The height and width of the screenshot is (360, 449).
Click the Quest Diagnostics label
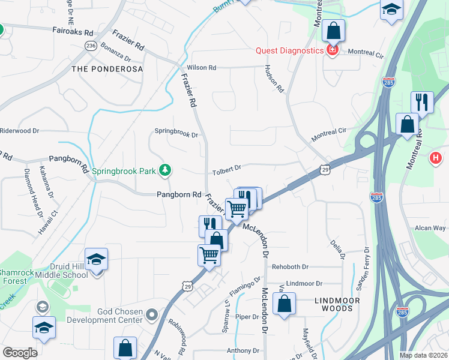pyautogui.click(x=289, y=50)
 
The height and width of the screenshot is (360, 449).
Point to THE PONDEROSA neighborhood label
pyautogui.click(x=107, y=69)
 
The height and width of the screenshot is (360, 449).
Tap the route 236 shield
pyautogui.click(x=91, y=46)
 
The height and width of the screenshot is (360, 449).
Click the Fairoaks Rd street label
pyautogui.click(x=73, y=32)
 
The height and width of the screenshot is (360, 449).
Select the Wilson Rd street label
pyautogui.click(x=201, y=68)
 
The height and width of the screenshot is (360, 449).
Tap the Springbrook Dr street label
pyautogui.click(x=176, y=133)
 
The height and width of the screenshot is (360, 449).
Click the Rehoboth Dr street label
pyautogui.click(x=290, y=266)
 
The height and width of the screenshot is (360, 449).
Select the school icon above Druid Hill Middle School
pyautogui.click(x=96, y=259)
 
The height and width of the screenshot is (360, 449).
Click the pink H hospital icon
pyautogui.click(x=436, y=159)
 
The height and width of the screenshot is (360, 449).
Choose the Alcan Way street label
pyautogui.click(x=430, y=228)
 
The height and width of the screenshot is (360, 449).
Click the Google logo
pyautogui.click(x=20, y=353)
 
